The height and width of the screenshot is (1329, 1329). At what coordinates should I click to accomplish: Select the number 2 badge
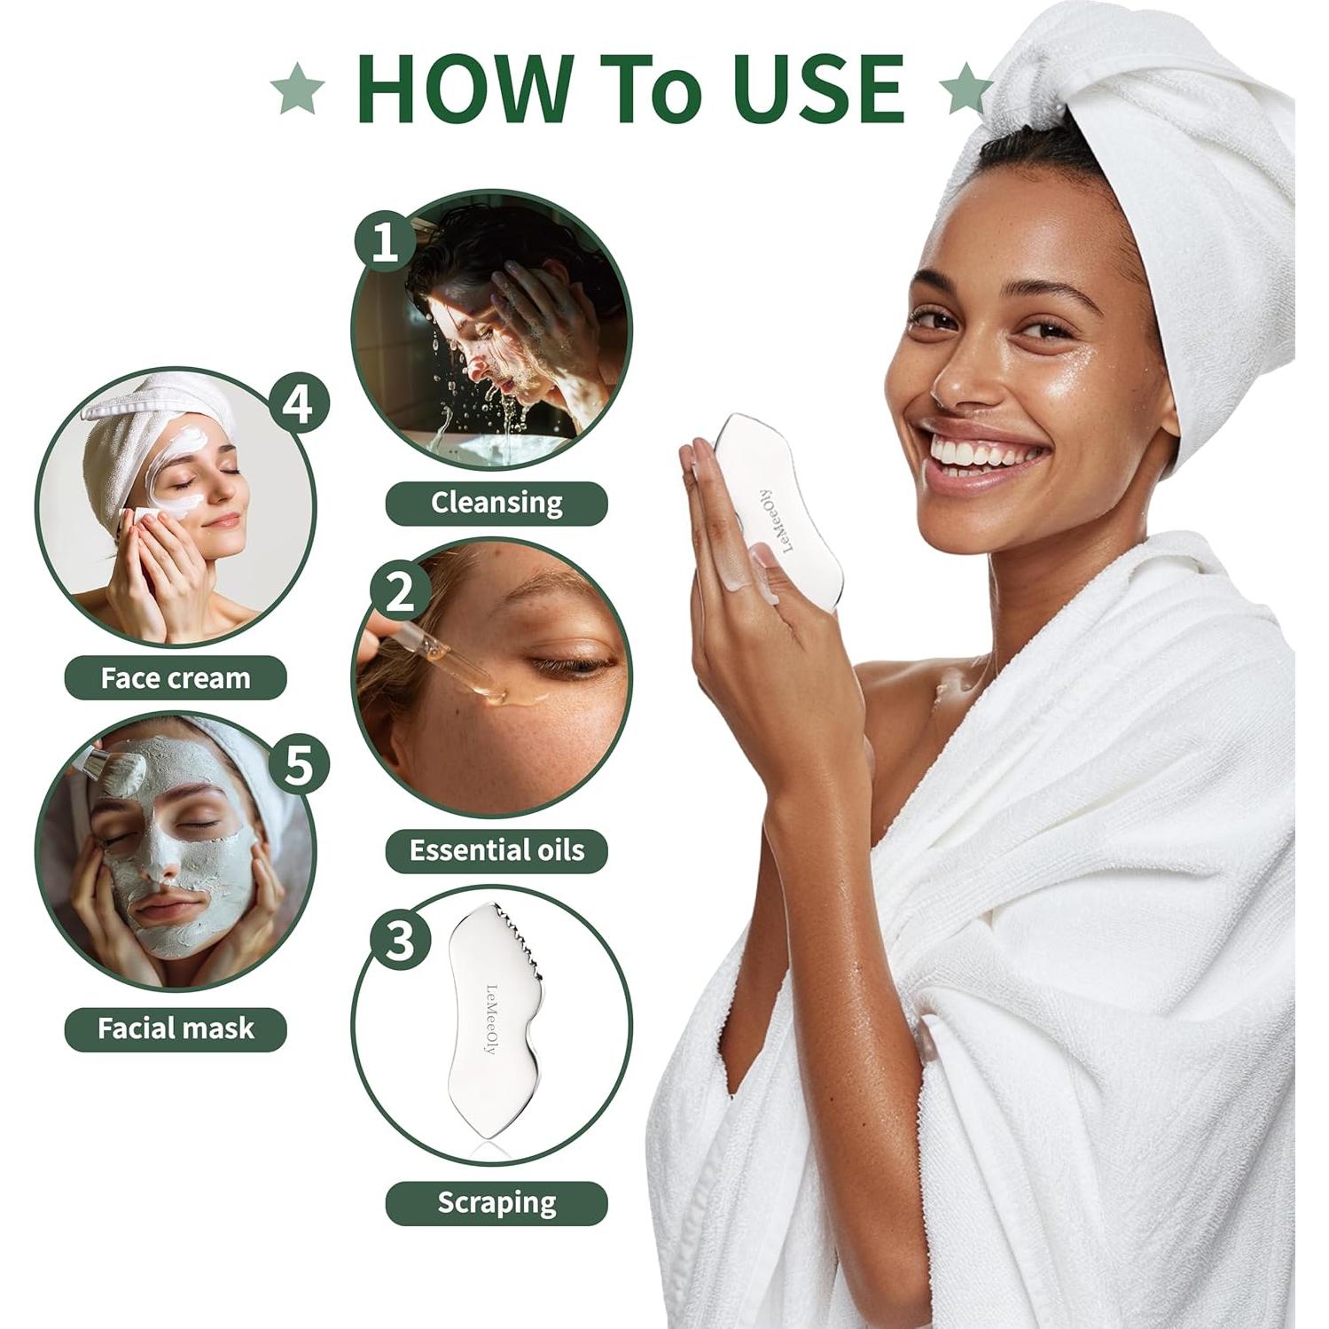tap(401, 590)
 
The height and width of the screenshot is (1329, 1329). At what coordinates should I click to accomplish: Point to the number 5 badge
tap(299, 764)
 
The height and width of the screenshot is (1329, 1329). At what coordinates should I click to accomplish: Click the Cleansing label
tap(496, 503)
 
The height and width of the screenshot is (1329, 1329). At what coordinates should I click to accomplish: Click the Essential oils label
tap(496, 850)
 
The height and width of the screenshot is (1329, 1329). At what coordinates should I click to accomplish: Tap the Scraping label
tap(496, 1203)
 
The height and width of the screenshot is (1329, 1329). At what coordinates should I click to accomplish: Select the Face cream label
tap(176, 678)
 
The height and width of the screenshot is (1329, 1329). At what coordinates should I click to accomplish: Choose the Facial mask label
tap(176, 1028)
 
